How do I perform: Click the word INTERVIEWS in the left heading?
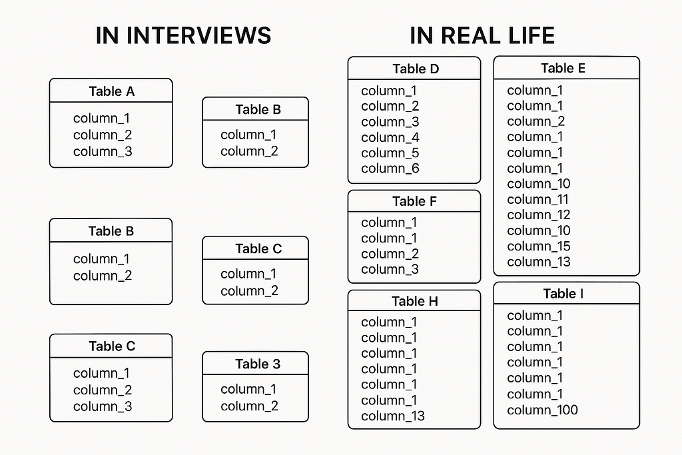point(199,35)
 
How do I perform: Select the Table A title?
point(112,91)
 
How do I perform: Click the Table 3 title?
point(258,364)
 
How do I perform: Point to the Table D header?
point(416,69)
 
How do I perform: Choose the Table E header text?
point(563,69)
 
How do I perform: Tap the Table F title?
point(414,201)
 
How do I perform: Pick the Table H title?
point(415,301)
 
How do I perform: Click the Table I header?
point(563,294)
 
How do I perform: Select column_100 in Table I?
point(542,410)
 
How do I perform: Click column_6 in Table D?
point(390,169)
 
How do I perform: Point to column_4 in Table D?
point(390,138)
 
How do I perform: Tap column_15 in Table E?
point(538,246)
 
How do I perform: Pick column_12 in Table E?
point(538,215)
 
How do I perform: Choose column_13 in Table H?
point(393,416)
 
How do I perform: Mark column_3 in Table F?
point(390,270)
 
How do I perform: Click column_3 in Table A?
point(103,152)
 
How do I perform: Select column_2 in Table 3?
point(249,406)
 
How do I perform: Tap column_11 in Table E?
point(537,200)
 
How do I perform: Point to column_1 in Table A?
point(101,119)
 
